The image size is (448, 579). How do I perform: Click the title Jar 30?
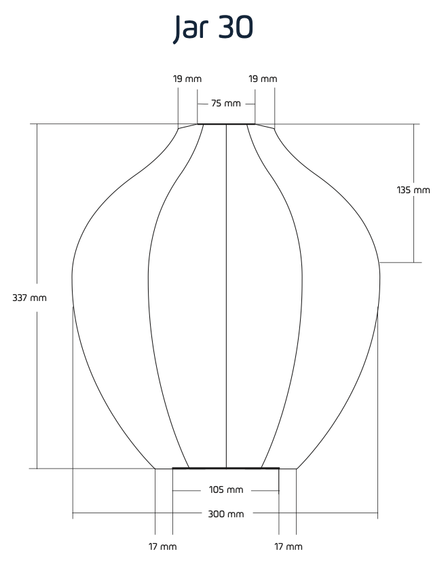coord(213,28)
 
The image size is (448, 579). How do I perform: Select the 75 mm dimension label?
coord(226,103)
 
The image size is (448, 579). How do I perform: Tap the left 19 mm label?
coord(187,79)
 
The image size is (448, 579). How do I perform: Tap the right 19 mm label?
coord(263,79)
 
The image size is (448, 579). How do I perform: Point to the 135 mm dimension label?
coord(413,190)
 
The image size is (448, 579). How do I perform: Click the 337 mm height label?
coord(30,298)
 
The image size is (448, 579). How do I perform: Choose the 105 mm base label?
coord(226,490)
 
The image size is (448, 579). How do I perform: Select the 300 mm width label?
coord(226,514)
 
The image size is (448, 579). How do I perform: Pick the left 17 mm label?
coord(163,546)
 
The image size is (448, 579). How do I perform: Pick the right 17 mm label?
coord(288,546)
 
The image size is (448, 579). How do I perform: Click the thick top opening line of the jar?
coord(226,124)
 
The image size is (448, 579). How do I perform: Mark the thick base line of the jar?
coord(226,468)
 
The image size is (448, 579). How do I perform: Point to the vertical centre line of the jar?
coord(226,296)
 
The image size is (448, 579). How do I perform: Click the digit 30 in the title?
coord(236,27)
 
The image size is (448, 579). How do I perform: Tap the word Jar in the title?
coord(191,28)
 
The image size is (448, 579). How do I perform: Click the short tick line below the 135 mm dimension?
coord(400,262)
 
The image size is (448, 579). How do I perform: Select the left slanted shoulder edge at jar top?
coord(188,126)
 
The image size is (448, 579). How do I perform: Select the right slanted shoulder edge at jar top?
coord(265,126)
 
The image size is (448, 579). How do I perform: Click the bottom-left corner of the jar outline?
coord(155,468)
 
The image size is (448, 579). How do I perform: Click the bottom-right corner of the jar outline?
coord(297,468)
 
